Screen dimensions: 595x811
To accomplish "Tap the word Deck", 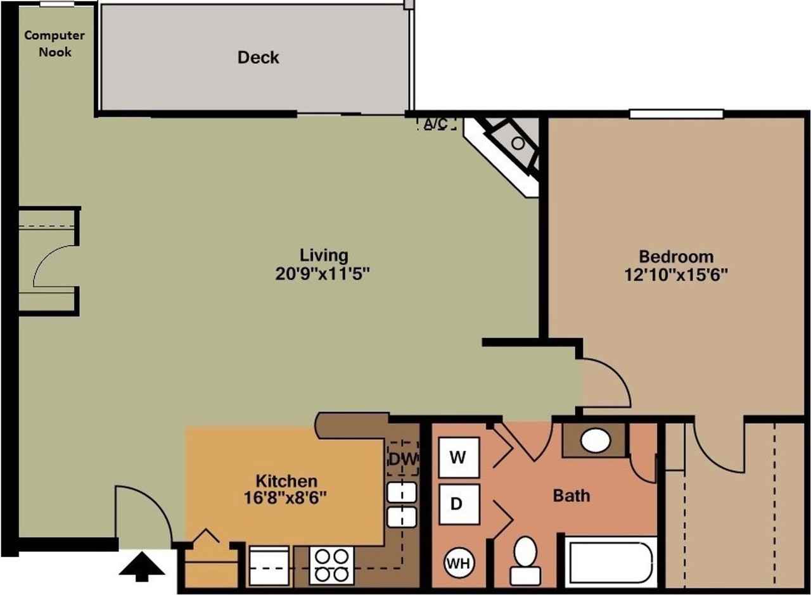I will point(258,58).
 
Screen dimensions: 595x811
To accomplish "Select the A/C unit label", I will point(437,123).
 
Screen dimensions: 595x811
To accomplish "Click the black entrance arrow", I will point(142,565).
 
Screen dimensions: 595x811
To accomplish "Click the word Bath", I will point(571,495).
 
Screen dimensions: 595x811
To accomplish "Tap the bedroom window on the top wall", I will point(676,114).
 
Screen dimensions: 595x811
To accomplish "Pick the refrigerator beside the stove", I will point(270,565).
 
